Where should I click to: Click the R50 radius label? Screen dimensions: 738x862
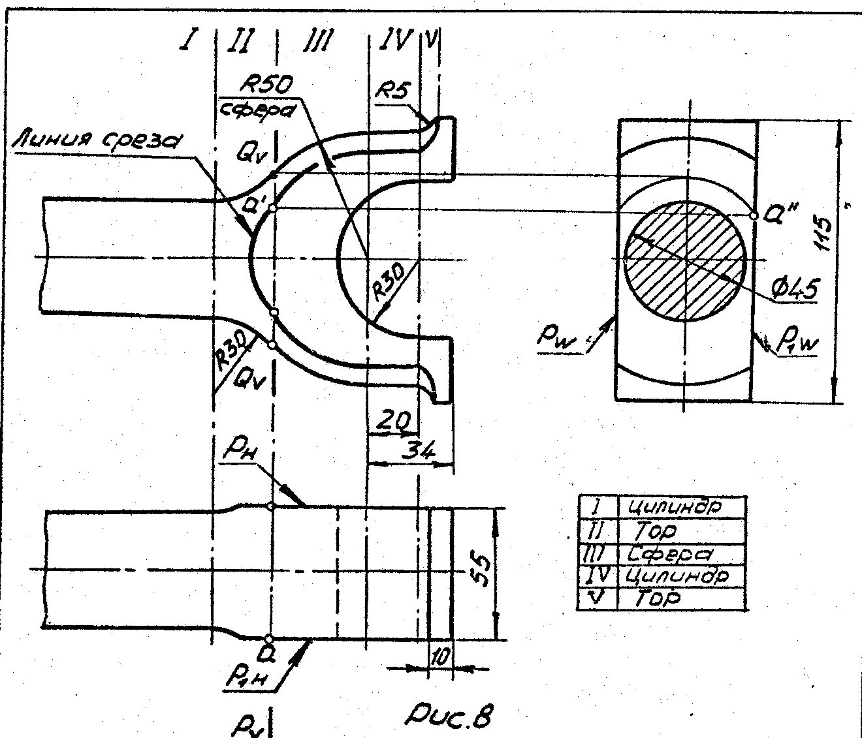click(x=267, y=84)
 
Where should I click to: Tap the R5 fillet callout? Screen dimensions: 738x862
click(x=393, y=90)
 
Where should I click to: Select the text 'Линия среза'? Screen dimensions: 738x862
click(x=98, y=140)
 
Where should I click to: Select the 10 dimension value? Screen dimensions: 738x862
click(x=439, y=658)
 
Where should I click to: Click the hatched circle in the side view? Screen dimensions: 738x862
click(x=684, y=261)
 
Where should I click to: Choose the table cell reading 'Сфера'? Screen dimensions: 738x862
click(x=669, y=555)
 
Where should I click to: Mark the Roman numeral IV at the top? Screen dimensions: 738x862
click(x=394, y=41)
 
